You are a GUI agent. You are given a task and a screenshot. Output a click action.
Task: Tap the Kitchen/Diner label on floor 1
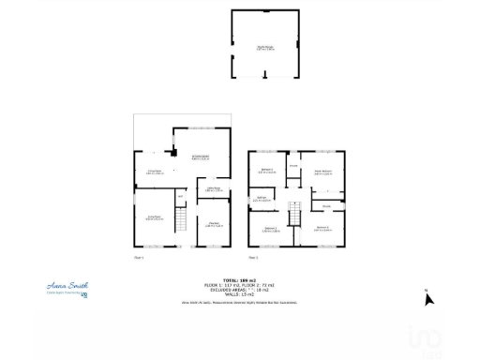coord(200,158)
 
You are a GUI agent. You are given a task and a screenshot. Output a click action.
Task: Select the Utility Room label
coord(213,189)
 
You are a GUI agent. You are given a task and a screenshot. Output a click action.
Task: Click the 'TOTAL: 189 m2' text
coord(236,278)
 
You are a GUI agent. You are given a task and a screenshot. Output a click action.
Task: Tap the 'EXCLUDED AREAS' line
coord(236,288)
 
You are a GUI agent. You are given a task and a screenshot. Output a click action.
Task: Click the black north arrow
coord(429,300)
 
